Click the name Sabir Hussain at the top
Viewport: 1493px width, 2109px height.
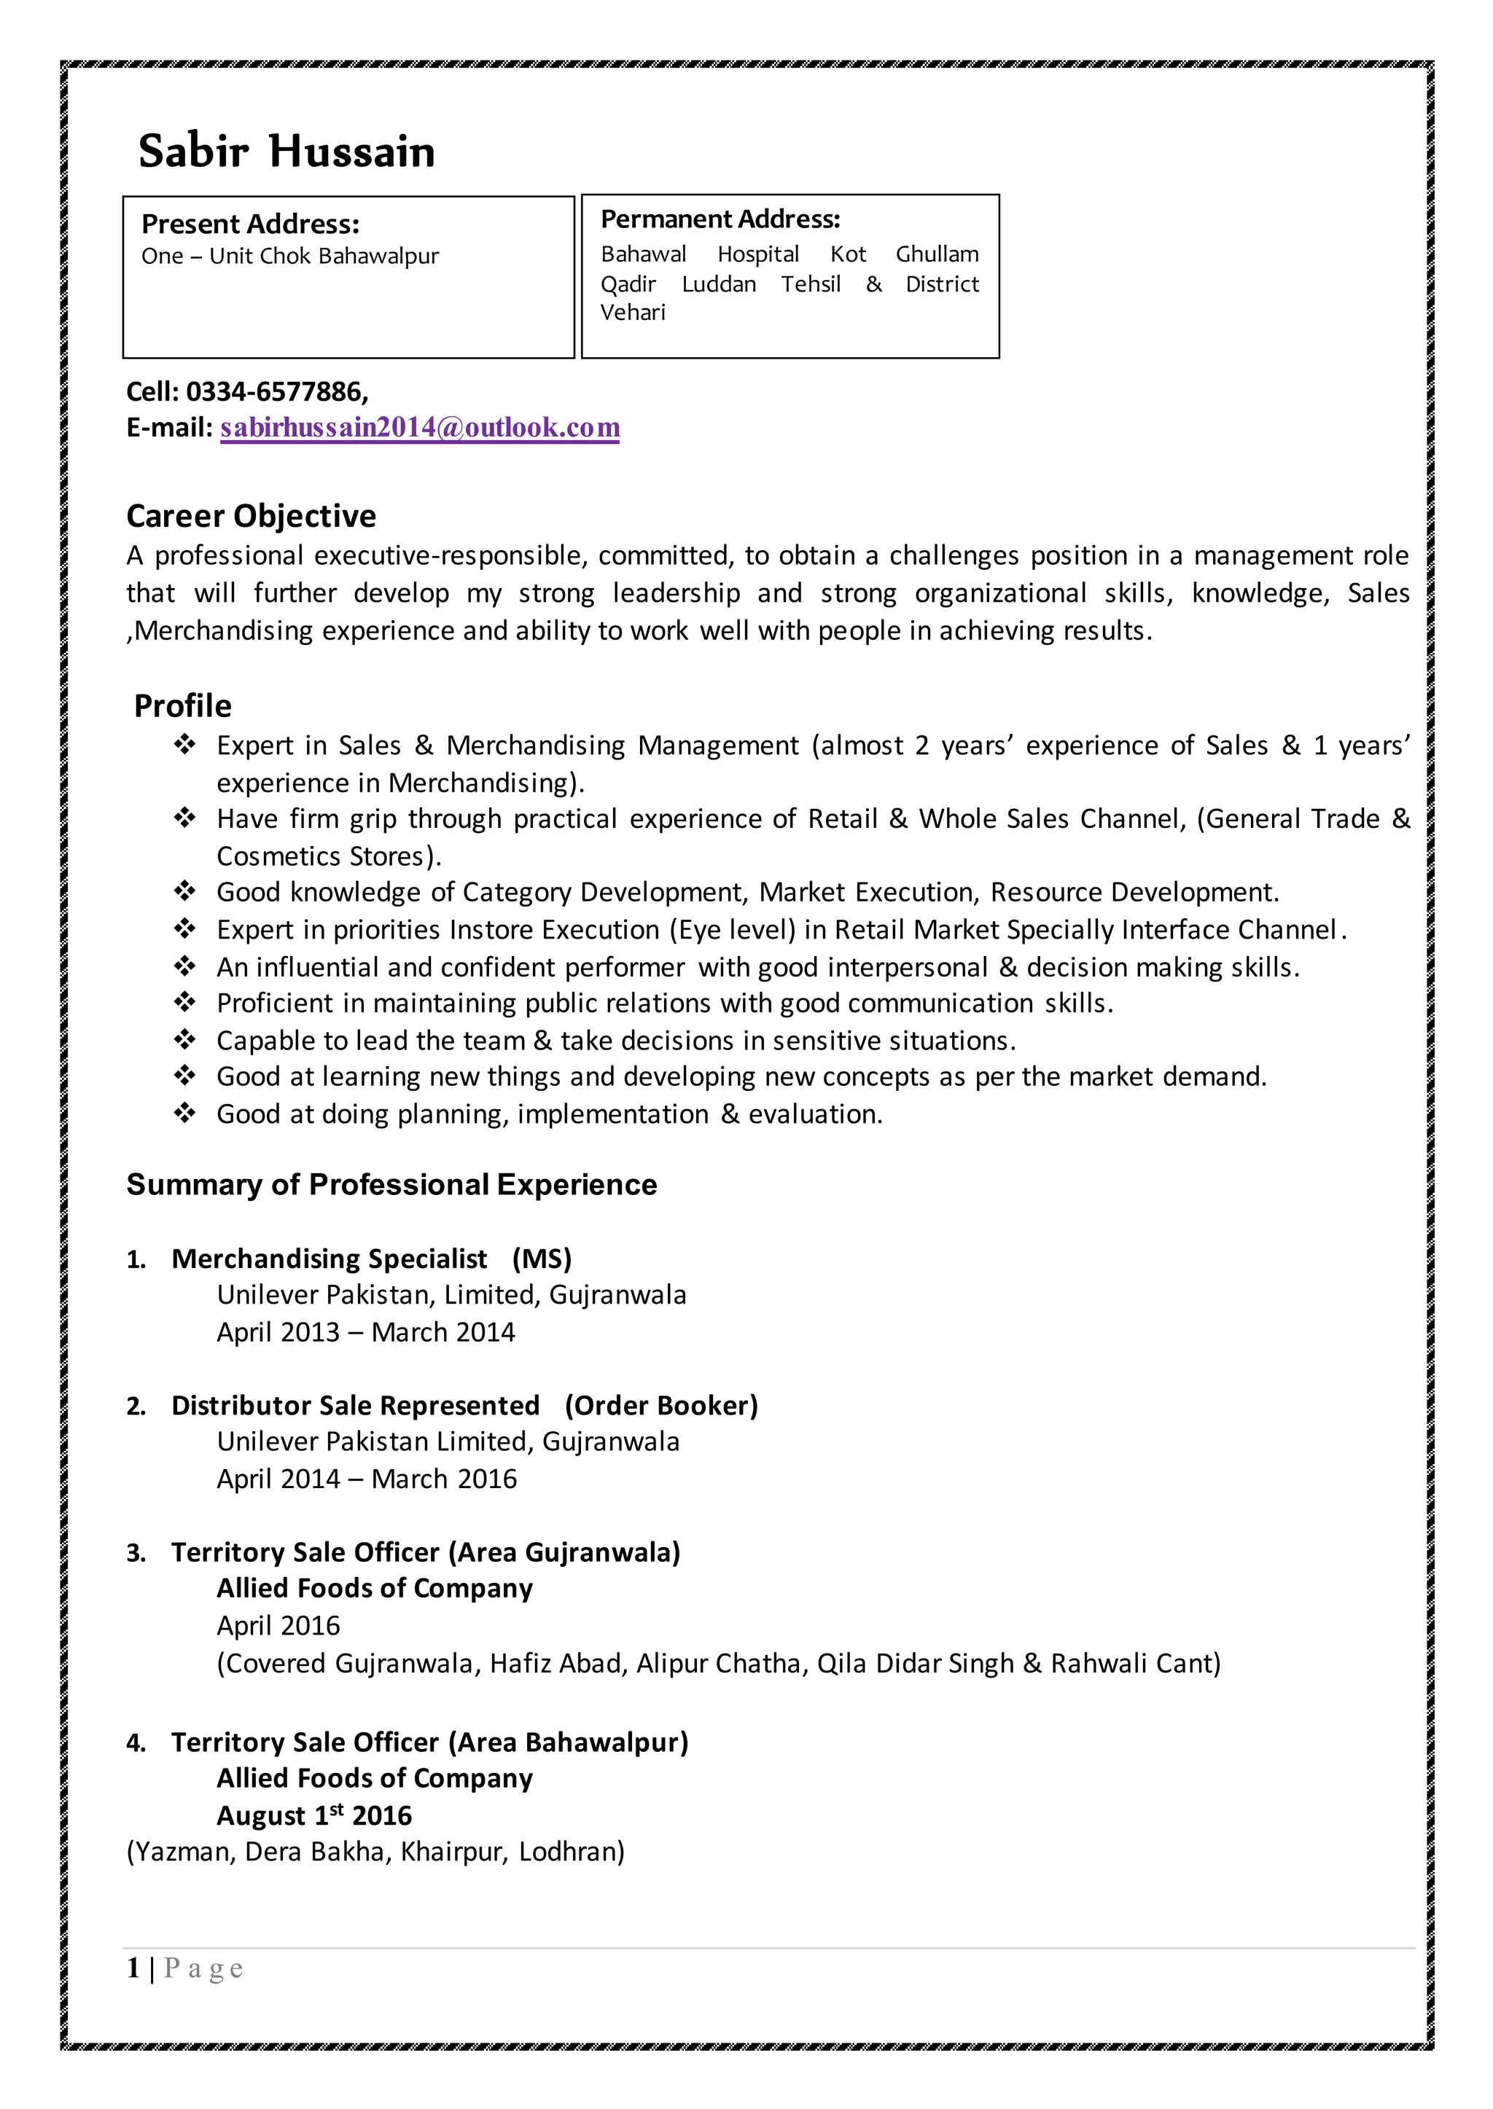[x=286, y=152]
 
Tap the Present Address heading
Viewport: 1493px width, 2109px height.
[x=250, y=224]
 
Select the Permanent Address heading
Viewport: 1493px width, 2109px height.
[x=720, y=219]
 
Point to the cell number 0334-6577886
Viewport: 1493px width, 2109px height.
[x=276, y=392]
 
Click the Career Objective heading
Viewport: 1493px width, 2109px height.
[x=251, y=517]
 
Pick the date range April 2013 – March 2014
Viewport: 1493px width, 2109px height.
[x=366, y=1332]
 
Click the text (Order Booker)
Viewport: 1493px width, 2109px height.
[x=661, y=1405]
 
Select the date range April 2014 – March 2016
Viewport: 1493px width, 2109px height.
[x=367, y=1479]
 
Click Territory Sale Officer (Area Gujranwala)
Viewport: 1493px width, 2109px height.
[x=426, y=1552]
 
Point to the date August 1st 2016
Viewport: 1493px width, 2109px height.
[x=314, y=1816]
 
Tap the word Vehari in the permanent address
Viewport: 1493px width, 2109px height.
[x=633, y=313]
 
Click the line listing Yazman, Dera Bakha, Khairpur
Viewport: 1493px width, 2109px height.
[x=375, y=1852]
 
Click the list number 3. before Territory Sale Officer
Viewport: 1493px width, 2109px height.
[x=136, y=1553]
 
